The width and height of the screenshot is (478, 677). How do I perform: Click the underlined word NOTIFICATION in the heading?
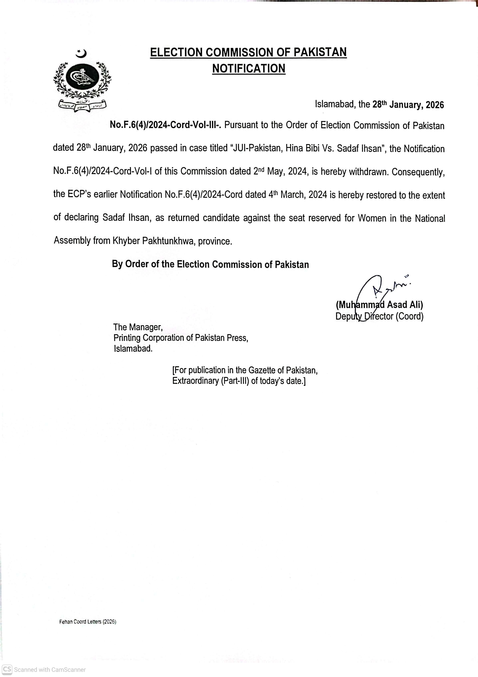[249, 69]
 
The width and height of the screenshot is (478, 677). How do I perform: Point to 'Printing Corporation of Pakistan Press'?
[181, 338]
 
